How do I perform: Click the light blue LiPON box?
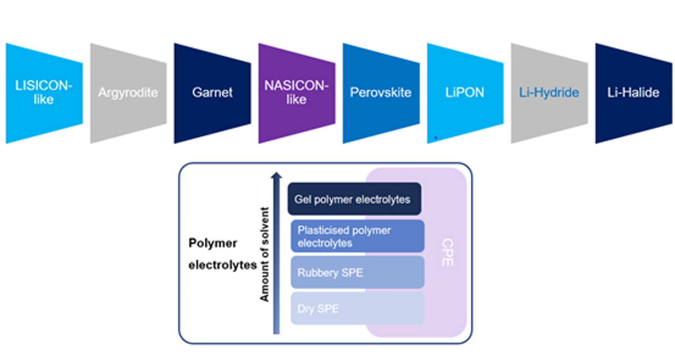465,93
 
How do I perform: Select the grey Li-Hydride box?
549,93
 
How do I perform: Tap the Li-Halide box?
633,93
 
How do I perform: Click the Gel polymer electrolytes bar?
354,199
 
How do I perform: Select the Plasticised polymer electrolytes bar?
357,236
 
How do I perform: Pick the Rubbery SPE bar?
357,273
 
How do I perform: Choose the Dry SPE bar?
357,308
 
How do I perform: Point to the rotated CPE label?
447,253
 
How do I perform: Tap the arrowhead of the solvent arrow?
276,176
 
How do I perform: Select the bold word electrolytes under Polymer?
223,265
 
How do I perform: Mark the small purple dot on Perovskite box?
435,137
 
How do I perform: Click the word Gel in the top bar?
302,200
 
